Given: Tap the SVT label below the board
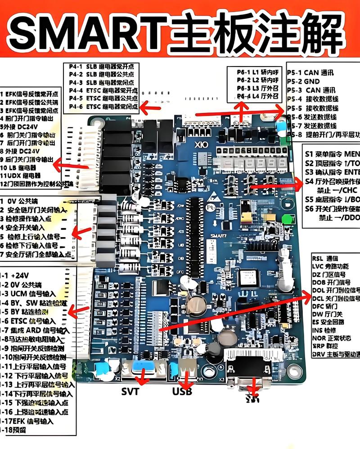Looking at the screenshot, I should [x=130, y=391].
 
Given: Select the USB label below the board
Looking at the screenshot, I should [x=182, y=391].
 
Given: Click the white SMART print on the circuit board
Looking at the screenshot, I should [x=220, y=235].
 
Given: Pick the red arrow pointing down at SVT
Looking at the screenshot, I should [x=144, y=376].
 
